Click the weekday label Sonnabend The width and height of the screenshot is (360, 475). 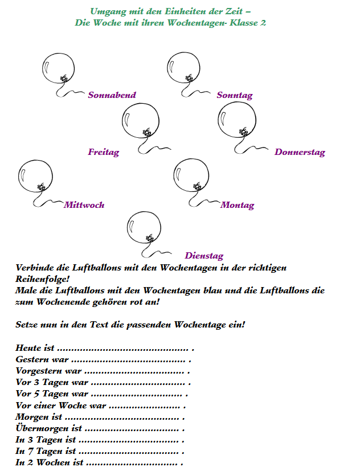tap(112, 95)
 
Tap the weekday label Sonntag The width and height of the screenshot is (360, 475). tap(234, 95)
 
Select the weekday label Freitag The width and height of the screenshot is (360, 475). tap(103, 152)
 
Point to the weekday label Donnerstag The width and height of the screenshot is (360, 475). tap(300, 152)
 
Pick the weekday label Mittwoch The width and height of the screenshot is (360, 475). tap(84, 205)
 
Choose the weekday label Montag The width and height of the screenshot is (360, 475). tap(237, 205)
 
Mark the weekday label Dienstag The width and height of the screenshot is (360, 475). tap(204, 256)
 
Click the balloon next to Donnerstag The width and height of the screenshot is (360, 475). tap(236, 120)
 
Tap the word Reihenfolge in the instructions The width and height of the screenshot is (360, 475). tap(41, 279)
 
